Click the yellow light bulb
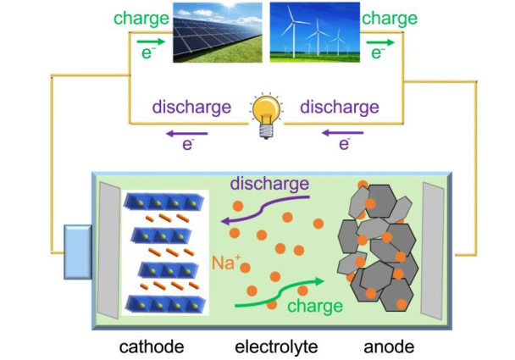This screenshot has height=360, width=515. pyautogui.click(x=265, y=114)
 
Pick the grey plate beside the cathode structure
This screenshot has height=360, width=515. pyautogui.click(x=108, y=250)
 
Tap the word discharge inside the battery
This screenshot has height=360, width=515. pyautogui.click(x=269, y=184)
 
